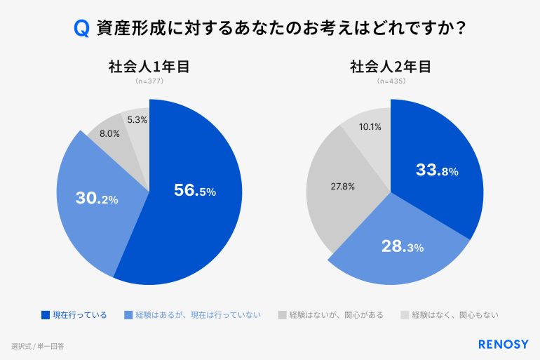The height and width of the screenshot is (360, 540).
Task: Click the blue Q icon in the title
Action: pyautogui.click(x=81, y=29)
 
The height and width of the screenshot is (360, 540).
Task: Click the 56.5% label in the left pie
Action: pyautogui.click(x=194, y=190)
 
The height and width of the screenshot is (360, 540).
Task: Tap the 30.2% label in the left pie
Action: pyautogui.click(x=97, y=199)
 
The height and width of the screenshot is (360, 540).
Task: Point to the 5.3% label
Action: pyautogui.click(x=137, y=120)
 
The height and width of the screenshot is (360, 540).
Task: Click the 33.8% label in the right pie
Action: pyautogui.click(x=437, y=171)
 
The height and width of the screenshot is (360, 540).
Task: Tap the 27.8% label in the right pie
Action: pyautogui.click(x=342, y=187)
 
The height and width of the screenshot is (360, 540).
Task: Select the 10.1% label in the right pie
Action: pyautogui.click(x=370, y=127)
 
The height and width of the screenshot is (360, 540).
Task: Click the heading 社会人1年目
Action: pyautogui.click(x=149, y=67)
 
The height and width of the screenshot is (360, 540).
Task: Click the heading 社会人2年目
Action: pyautogui.click(x=390, y=67)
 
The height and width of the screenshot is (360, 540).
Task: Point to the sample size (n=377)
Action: pyautogui.click(x=149, y=81)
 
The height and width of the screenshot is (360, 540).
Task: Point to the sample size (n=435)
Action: pyautogui.click(x=391, y=81)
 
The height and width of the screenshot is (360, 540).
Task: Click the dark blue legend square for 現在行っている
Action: pyautogui.click(x=46, y=315)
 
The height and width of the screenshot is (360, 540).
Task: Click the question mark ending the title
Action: pyautogui.click(x=462, y=29)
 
